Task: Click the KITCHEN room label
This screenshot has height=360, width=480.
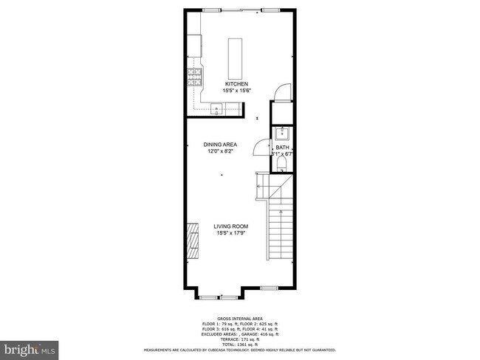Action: pyautogui.click(x=236, y=84)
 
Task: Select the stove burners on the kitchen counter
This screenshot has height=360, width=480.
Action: pyautogui.click(x=195, y=77)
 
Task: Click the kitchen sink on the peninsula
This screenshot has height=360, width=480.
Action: pyautogui.click(x=218, y=110)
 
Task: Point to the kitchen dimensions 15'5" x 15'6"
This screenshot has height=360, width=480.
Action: pyautogui.click(x=236, y=90)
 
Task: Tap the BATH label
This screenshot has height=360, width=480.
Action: pyautogui.click(x=283, y=148)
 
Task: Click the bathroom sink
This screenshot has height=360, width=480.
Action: pyautogui.click(x=282, y=134)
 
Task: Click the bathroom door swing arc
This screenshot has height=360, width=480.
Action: pyautogui.click(x=261, y=148)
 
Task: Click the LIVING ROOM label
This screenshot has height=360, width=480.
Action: pyautogui.click(x=231, y=226)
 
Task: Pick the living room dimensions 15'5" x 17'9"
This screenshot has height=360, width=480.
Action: pyautogui.click(x=231, y=233)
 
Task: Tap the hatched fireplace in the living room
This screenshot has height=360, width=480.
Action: pyautogui.click(x=193, y=240)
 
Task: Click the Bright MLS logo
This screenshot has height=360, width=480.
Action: pyautogui.click(x=30, y=347)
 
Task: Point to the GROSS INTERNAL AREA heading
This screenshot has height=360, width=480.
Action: pyautogui.click(x=240, y=319)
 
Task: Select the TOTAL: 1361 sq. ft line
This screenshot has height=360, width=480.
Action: pyautogui.click(x=240, y=345)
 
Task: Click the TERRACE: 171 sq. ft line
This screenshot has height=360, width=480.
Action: pyautogui.click(x=240, y=339)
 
